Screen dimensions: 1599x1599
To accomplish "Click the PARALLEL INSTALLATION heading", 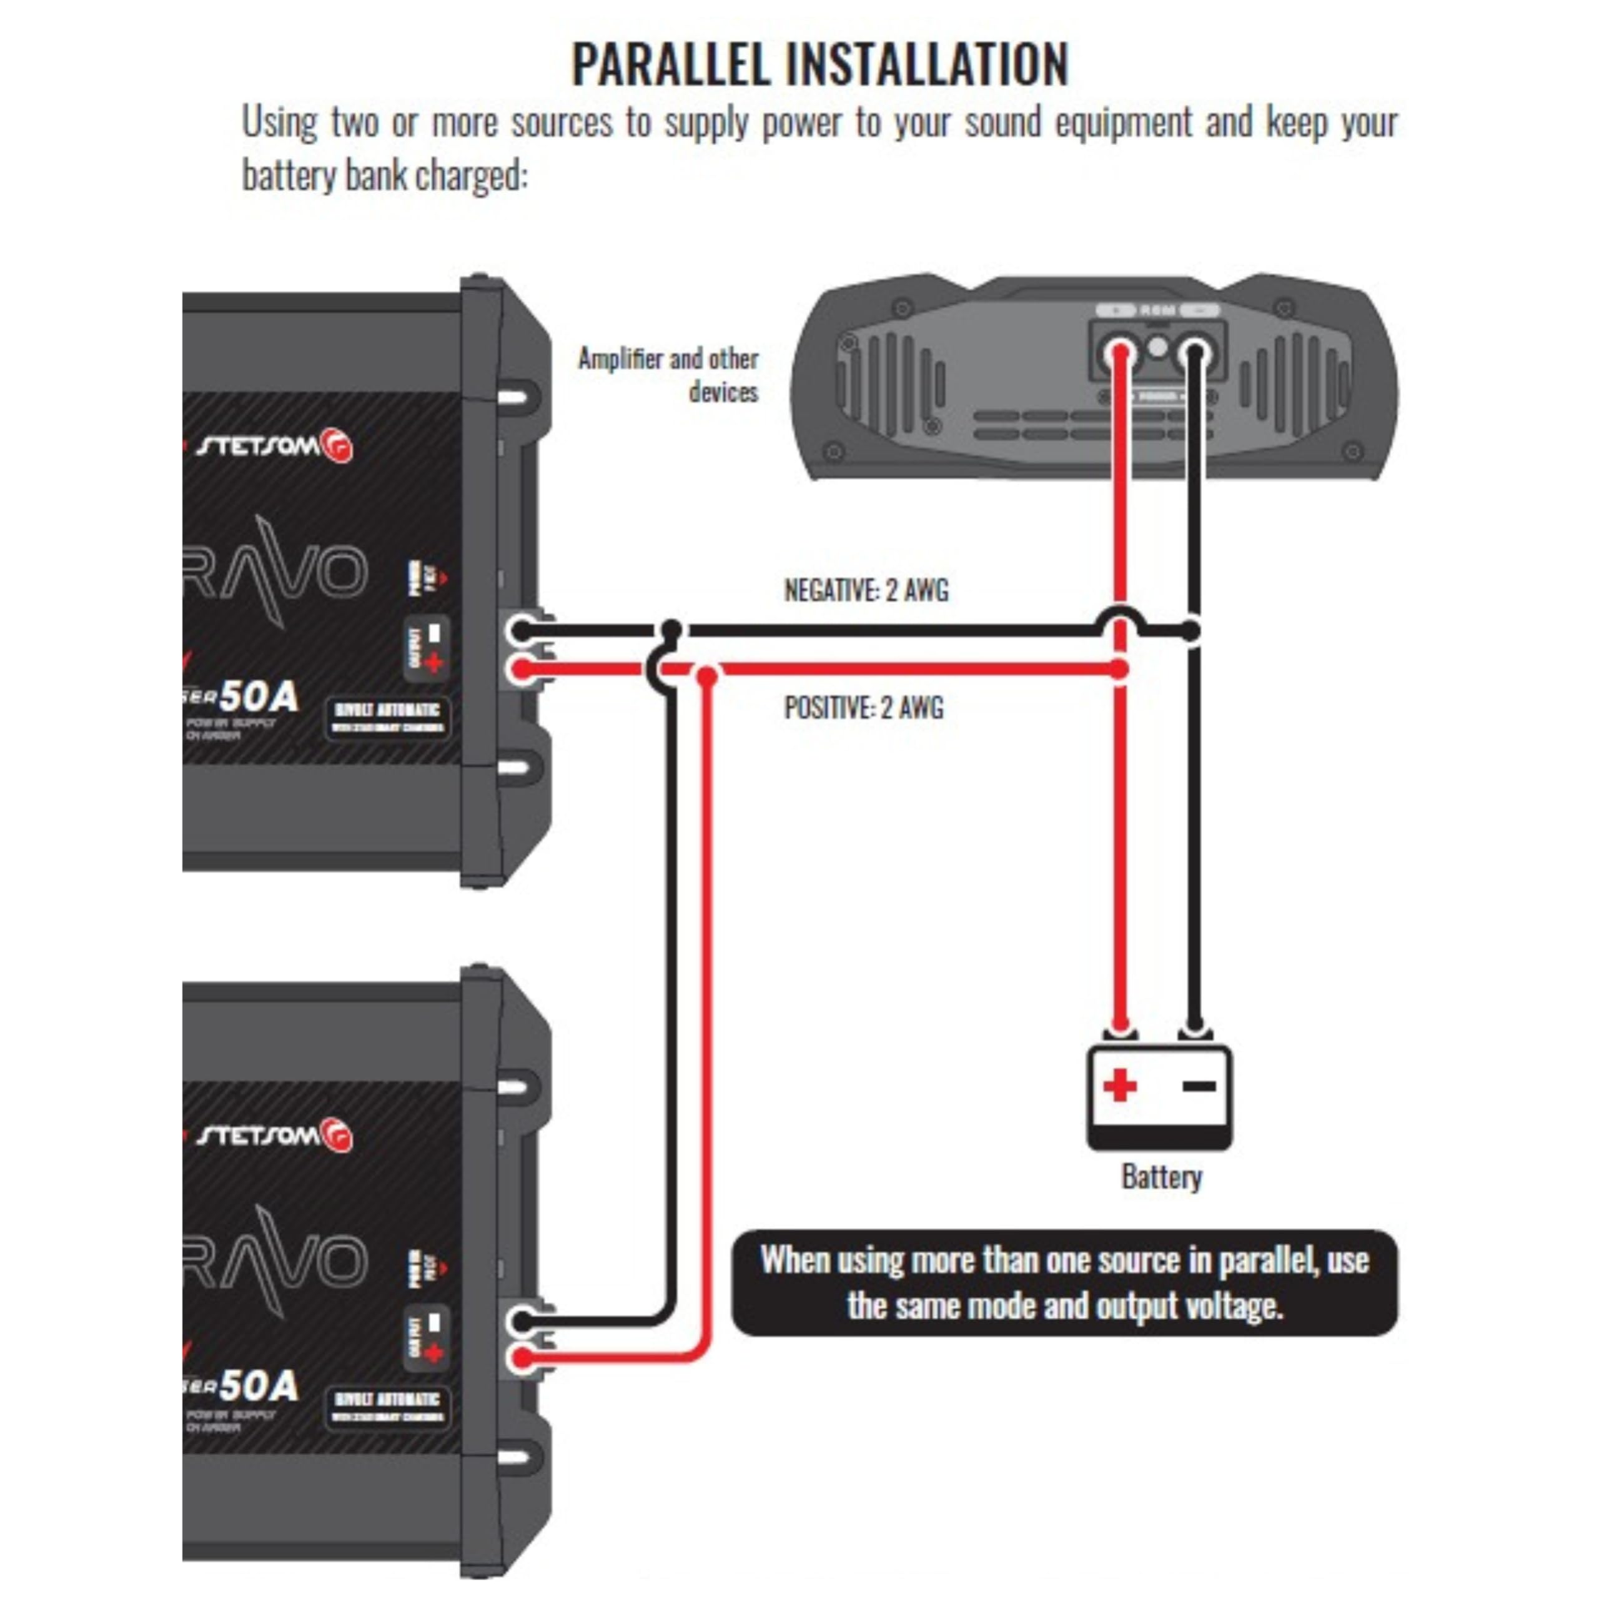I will pos(819,64).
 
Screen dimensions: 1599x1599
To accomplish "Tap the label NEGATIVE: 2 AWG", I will pos(866,590).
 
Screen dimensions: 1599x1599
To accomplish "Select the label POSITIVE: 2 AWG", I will pos(863,708).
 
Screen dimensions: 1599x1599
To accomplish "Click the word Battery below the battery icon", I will pos(1161,1176).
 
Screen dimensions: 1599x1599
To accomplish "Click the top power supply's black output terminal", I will pos(519,631).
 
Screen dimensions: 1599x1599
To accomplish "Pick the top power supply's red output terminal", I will pos(520,669).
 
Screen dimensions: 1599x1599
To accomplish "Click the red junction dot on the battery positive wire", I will pos(1119,669).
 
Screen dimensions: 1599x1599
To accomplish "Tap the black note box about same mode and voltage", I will pos(1064,1282).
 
